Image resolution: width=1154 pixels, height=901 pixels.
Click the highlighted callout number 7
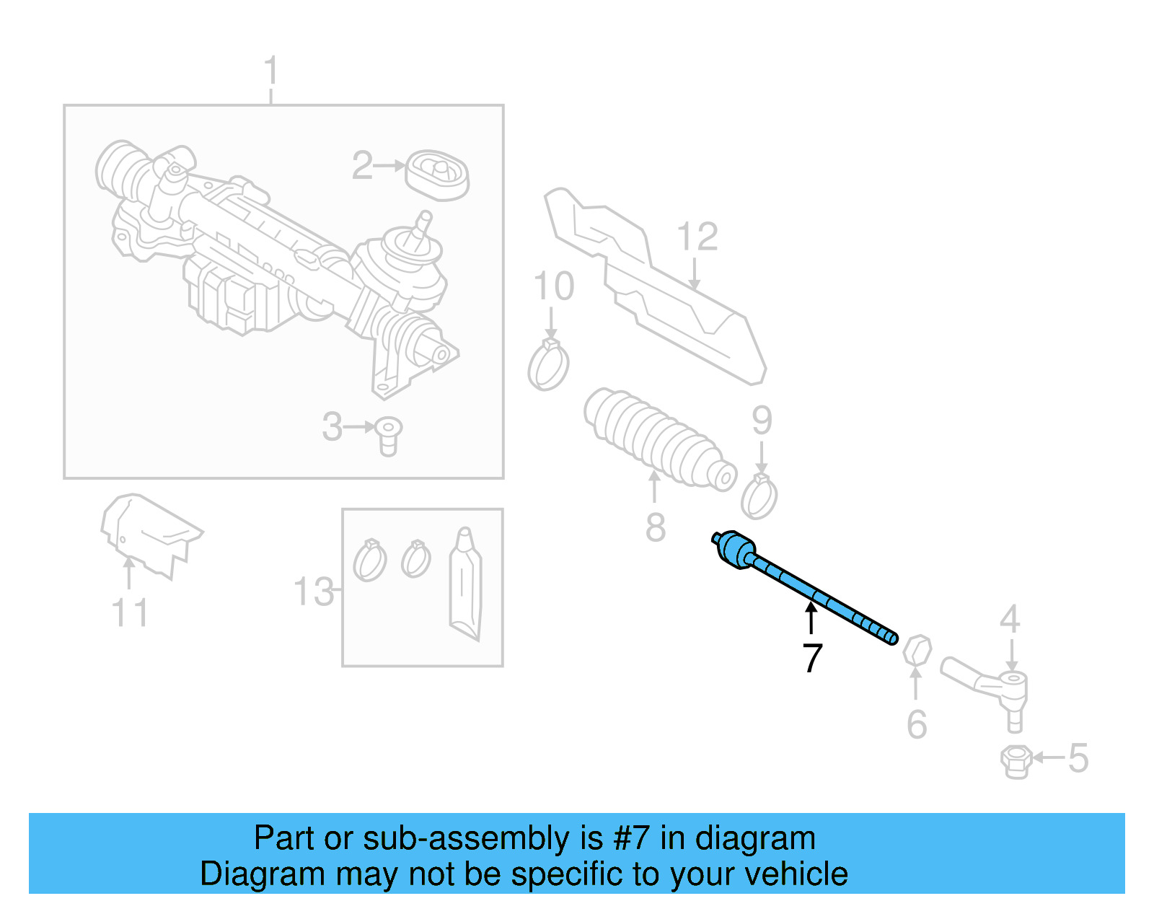point(812,657)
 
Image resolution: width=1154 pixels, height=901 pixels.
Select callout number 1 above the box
point(270,71)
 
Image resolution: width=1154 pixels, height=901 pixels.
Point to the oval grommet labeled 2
point(437,175)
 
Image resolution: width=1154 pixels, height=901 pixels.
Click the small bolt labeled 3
point(388,434)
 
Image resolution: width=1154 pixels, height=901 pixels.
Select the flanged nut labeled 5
point(1015,762)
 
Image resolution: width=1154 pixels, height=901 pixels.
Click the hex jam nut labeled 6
point(917,650)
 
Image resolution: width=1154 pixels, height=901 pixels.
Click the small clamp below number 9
point(759,497)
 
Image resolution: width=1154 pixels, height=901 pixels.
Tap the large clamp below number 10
point(548,366)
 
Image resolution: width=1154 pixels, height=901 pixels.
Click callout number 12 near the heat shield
point(697,237)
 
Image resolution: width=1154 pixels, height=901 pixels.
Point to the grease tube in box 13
point(464,584)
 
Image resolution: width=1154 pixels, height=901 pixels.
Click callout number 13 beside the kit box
point(314,592)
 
